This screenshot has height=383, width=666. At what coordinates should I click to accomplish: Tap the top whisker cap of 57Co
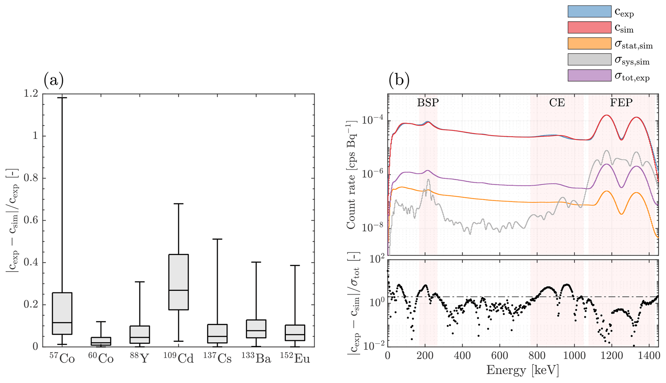62,97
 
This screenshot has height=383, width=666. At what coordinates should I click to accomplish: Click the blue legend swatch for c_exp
589,11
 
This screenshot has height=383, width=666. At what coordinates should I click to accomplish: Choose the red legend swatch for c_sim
589,27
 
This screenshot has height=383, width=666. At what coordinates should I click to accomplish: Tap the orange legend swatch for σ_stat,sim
589,44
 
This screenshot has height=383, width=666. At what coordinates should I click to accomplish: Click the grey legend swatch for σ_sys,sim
589,59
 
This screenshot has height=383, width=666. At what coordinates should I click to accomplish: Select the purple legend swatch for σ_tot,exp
589,75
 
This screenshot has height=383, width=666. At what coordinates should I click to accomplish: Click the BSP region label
428,103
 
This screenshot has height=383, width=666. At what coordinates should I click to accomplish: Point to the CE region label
557,103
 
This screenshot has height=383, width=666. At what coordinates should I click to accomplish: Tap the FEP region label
621,103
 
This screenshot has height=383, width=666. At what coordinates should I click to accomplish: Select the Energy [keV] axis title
522,370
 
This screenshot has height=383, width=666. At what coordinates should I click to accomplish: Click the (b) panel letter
399,81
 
